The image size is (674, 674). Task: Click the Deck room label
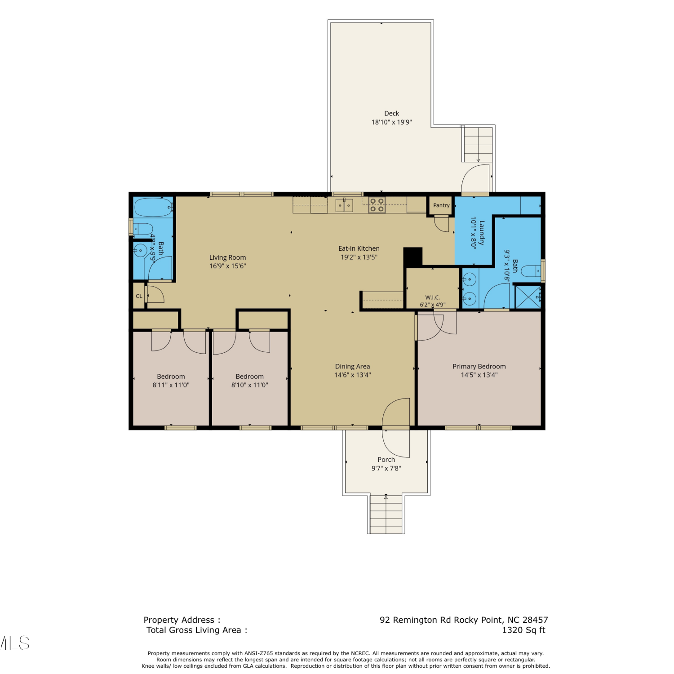pos(391,114)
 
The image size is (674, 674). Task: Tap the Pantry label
pos(441,205)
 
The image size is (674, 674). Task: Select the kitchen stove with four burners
pos(377,205)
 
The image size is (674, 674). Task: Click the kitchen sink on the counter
pos(344,205)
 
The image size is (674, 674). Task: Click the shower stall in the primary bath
pos(528,297)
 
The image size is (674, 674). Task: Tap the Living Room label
pos(227,257)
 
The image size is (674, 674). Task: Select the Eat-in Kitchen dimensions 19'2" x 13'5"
pos(359,257)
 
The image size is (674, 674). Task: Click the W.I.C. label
pos(433,297)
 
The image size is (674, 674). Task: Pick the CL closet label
pos(139,296)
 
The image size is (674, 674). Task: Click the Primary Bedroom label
pos(479,367)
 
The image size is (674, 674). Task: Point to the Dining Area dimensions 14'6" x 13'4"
pos(352,375)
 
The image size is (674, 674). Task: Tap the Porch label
pos(386,460)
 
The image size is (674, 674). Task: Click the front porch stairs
pos(386,514)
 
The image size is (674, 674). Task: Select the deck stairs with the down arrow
pos(478,144)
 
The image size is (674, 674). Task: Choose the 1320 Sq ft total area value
pos(523,630)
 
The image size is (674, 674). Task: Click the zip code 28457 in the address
pos(535,620)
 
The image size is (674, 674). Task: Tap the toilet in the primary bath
pos(531,271)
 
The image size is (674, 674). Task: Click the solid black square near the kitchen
pos(413,257)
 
